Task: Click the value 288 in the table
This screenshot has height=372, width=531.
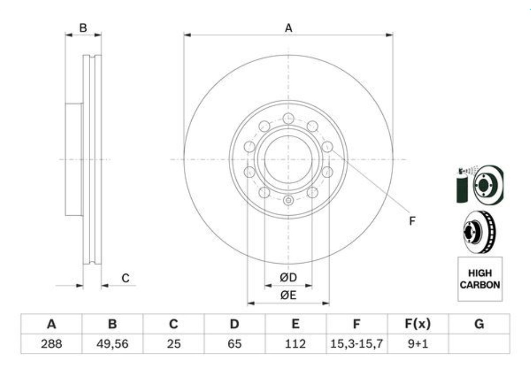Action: tap(52, 344)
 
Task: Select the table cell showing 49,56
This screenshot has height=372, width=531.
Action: tap(113, 344)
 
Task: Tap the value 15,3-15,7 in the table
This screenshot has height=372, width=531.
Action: tap(357, 344)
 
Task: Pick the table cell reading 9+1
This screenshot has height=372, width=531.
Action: tap(418, 344)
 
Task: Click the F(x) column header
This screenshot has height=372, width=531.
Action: tap(418, 324)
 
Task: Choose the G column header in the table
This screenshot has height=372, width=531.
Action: tap(479, 324)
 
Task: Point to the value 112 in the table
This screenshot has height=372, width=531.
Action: tap(295, 344)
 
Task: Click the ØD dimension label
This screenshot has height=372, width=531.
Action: tap(288, 277)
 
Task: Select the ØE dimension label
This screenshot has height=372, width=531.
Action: tap(288, 295)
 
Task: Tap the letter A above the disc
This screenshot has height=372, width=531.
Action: tap(288, 28)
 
